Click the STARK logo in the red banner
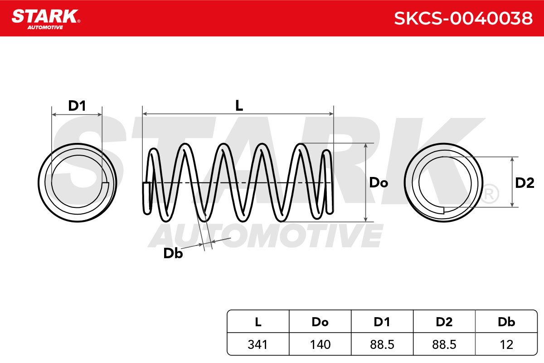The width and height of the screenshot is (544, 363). click(46, 19)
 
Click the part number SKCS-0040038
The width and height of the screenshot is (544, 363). click(463, 18)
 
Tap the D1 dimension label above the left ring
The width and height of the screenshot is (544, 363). click(77, 106)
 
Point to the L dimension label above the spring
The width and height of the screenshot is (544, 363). click(239, 106)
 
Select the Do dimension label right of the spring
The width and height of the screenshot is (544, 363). click(379, 182)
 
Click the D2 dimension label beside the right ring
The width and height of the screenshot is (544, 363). click(525, 183)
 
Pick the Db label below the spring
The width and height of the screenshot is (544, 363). click(173, 253)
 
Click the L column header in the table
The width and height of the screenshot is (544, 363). click(258, 322)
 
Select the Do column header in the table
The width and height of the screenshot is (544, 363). click(320, 322)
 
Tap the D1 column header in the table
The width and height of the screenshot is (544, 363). click(382, 322)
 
